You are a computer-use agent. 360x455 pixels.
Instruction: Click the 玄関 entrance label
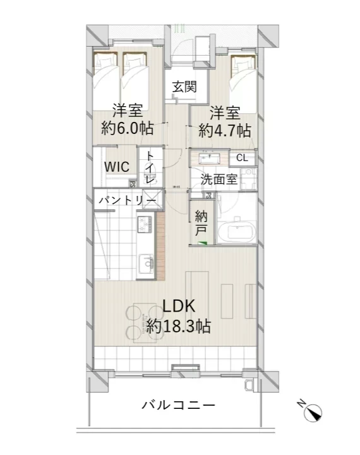185,87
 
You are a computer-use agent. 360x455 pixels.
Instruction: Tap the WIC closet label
117,167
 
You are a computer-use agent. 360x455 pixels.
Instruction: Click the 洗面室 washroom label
219,179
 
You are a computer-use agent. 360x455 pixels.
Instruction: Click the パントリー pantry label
127,200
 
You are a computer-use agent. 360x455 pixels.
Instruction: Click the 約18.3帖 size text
179,327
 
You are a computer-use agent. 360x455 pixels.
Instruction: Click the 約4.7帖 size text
225,131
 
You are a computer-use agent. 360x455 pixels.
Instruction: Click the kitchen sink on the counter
145,264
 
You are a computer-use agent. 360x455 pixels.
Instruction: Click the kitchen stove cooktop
144,224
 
